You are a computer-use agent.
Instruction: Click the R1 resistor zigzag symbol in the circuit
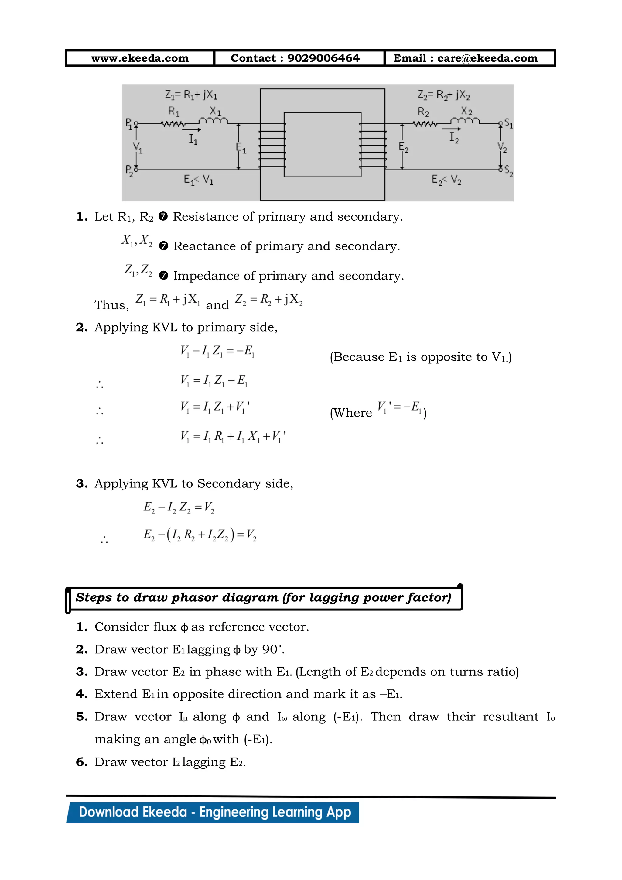[173, 124]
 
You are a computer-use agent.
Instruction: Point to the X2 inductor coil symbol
[465, 121]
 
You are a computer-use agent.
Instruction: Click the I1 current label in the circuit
[193, 139]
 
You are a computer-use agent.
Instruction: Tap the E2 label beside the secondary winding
[403, 147]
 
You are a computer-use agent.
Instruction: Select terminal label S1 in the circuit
[508, 123]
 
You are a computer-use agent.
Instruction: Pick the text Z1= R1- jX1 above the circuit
[191, 95]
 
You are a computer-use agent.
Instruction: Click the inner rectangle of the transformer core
[323, 145]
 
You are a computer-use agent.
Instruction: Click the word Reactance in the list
[205, 246]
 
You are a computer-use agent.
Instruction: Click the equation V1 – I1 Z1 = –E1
[217, 351]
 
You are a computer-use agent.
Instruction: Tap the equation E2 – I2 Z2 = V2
[179, 507]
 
